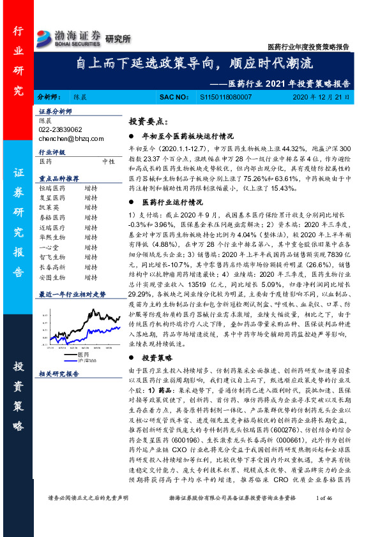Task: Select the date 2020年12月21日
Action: pyautogui.click(x=321, y=97)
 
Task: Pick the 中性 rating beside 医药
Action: pyautogui.click(x=109, y=162)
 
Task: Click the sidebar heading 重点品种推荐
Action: pyautogui.click(x=59, y=179)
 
